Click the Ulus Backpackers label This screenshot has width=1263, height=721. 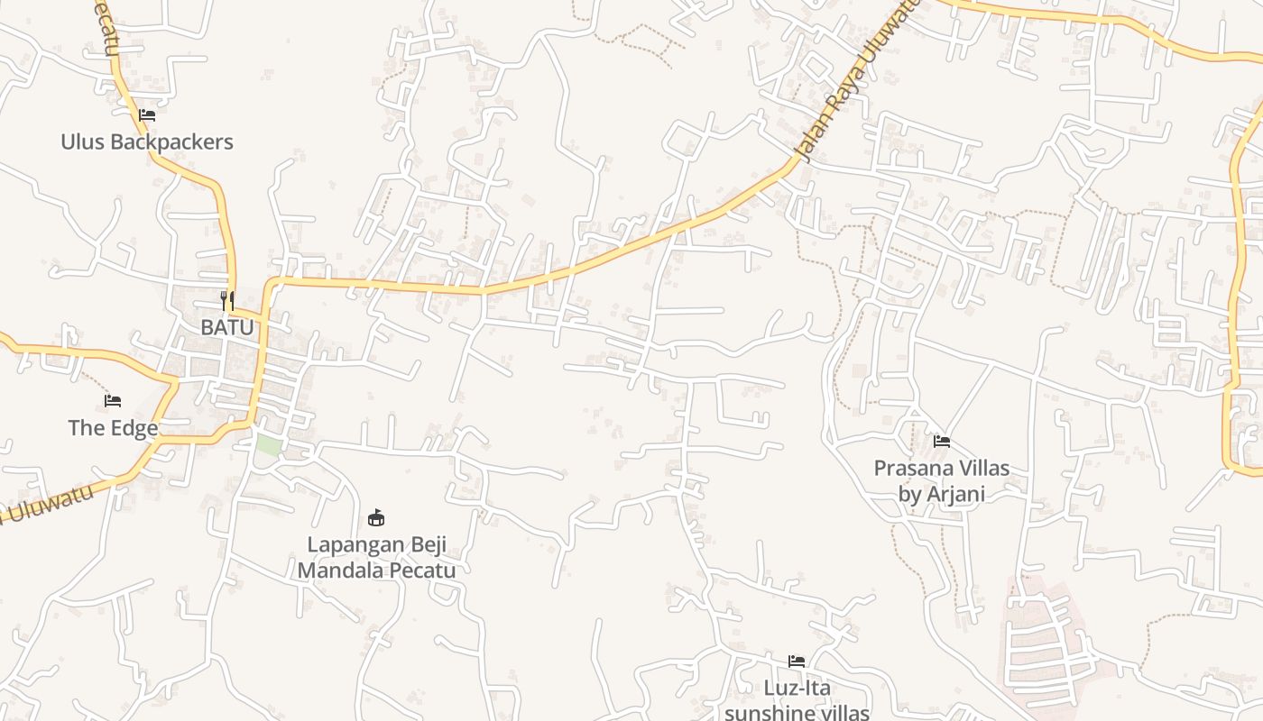pos(147,141)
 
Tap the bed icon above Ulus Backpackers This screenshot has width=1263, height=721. pos(147,115)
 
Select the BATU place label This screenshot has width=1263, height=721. pos(227,327)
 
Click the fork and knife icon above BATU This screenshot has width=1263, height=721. pos(227,300)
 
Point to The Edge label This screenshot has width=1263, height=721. pos(113,427)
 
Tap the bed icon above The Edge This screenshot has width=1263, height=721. pos(113,400)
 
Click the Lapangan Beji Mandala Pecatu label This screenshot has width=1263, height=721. pos(376,557)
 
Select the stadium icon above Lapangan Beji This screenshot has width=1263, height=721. pos(376,517)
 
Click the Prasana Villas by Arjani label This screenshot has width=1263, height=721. pos(941,480)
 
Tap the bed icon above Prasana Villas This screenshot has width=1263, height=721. pos(942,441)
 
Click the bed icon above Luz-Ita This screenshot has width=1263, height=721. pos(796,661)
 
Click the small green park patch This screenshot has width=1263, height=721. pos(268,444)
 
